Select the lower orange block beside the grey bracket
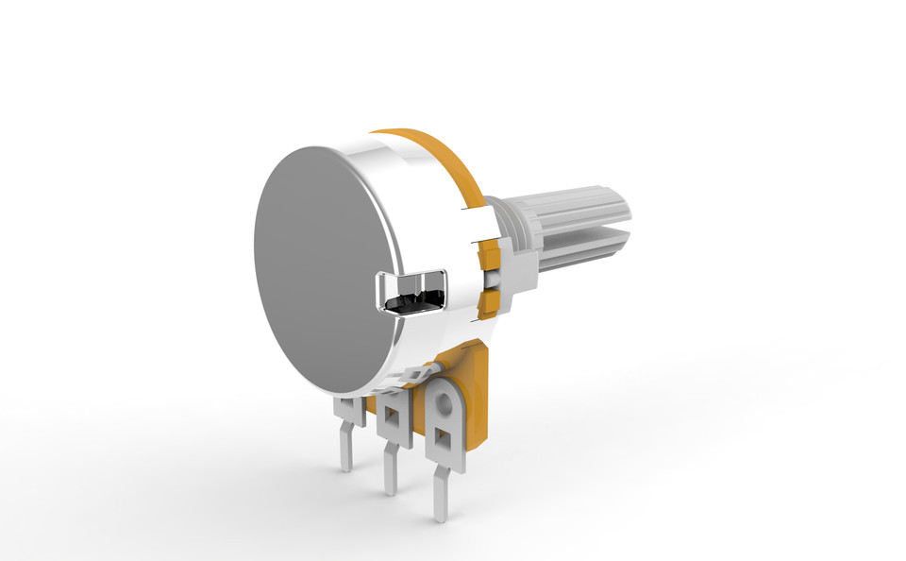[x=490, y=303]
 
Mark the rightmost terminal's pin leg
[x=440, y=495]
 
